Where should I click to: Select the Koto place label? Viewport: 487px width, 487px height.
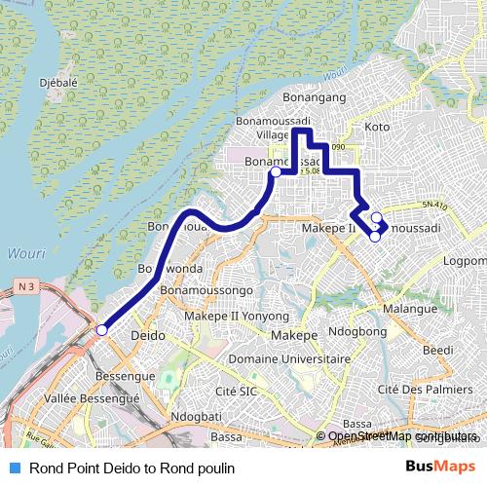pyautogui.click(x=376, y=127)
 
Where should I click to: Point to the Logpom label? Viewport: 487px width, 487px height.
pyautogui.click(x=464, y=261)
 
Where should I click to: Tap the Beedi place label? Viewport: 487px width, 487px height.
pyautogui.click(x=438, y=350)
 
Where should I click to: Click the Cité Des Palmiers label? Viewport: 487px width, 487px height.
pyautogui.click(x=417, y=390)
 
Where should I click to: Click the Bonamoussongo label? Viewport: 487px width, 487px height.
pyautogui.click(x=206, y=291)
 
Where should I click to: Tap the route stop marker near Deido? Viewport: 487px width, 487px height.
pyautogui.click(x=100, y=331)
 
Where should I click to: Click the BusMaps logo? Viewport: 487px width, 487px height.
pyautogui.click(x=440, y=467)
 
